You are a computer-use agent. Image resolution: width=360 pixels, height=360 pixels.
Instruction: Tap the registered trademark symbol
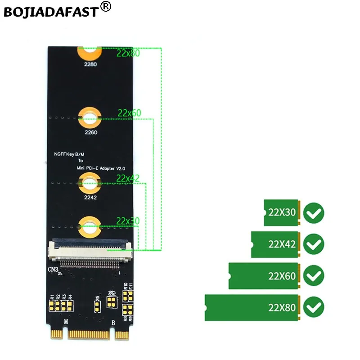tap(105, 7)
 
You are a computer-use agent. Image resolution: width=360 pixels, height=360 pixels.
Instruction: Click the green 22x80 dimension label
tap(128, 53)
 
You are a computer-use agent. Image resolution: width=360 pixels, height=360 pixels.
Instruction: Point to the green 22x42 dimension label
tap(128, 178)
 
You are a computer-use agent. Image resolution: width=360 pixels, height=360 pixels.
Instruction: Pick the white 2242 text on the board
tap(90, 197)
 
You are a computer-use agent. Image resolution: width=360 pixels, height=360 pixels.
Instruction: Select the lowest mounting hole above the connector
tap(90, 225)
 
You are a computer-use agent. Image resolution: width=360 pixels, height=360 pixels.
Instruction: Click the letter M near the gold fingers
tap(66, 322)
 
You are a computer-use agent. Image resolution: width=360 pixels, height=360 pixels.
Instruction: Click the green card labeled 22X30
tap(281, 212)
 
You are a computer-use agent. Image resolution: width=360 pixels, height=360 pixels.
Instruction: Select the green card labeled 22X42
tap(275, 244)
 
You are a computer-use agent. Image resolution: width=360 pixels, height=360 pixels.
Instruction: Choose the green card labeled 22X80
tap(252, 308)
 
